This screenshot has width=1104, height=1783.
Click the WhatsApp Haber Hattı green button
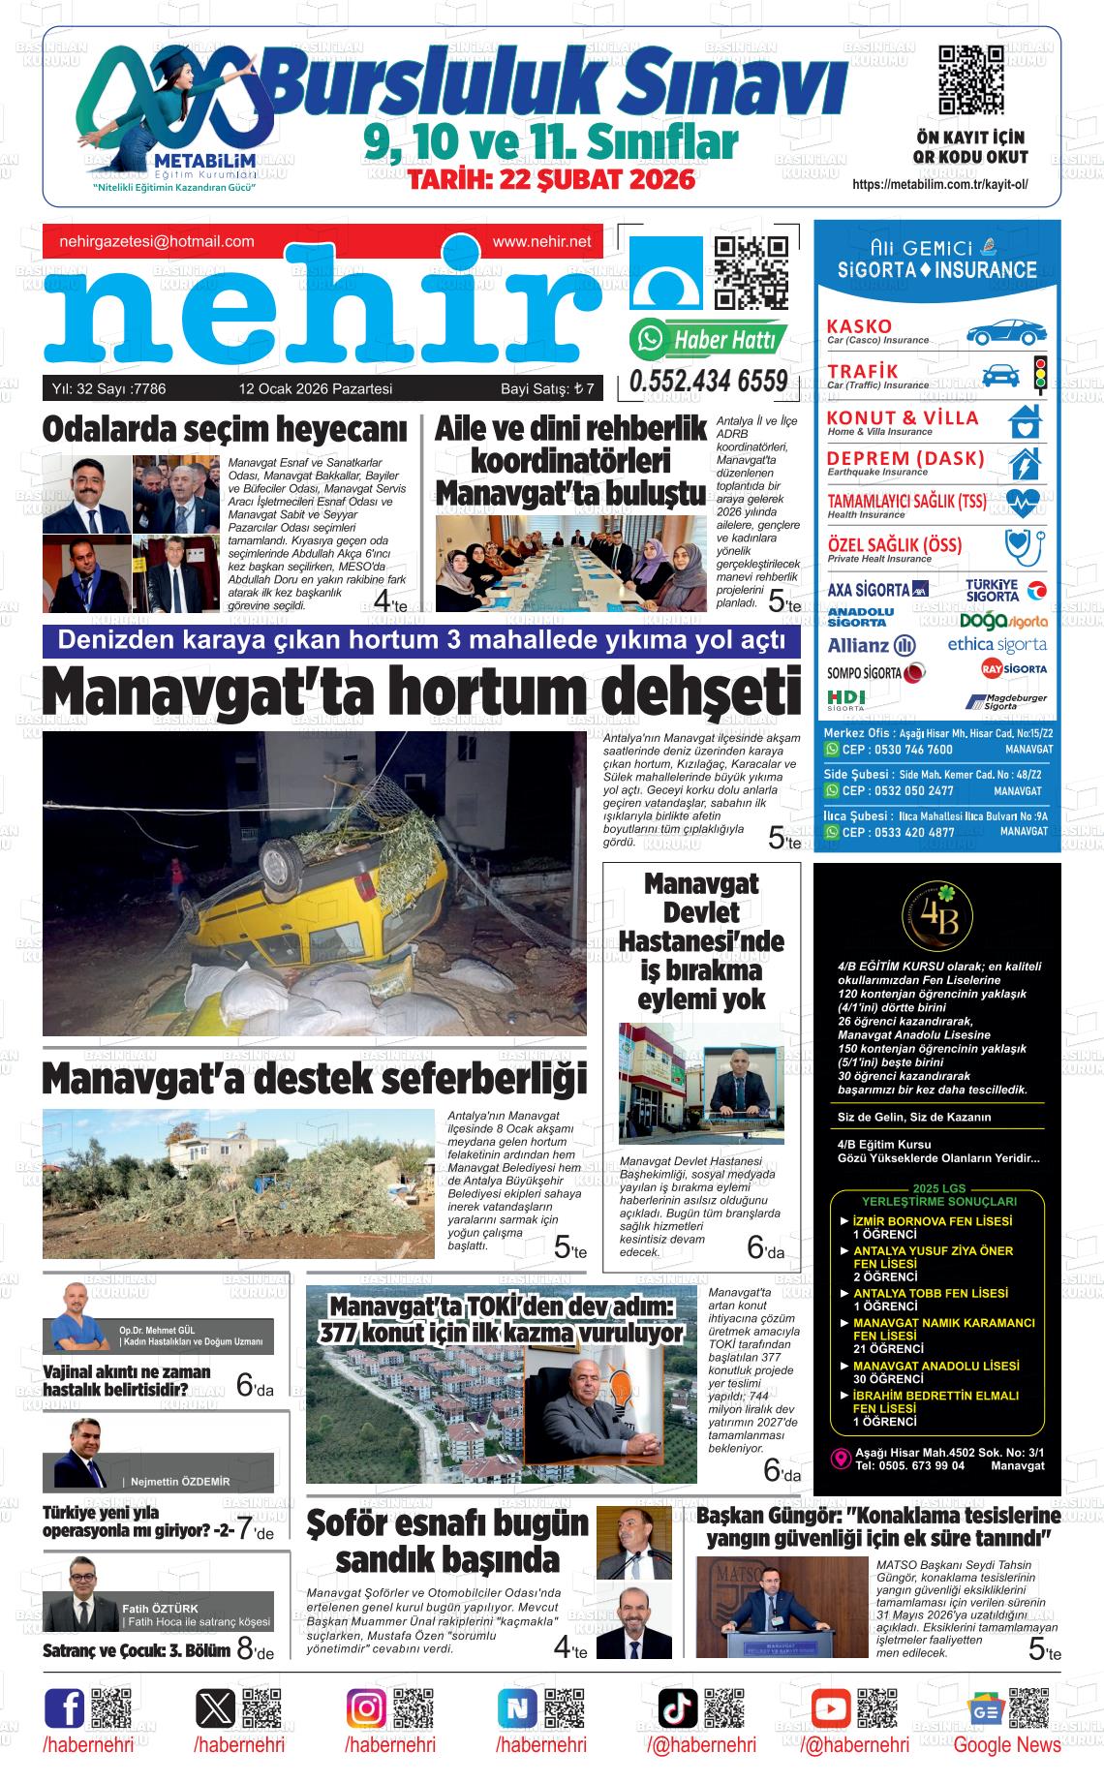pyautogui.click(x=708, y=339)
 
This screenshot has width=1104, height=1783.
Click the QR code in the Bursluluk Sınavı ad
pyautogui.click(x=970, y=80)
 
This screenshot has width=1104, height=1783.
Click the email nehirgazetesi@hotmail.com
pyautogui.click(x=157, y=242)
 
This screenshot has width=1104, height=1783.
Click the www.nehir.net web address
pyautogui.click(x=541, y=242)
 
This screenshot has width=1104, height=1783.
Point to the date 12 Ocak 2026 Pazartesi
pyautogui.click(x=315, y=389)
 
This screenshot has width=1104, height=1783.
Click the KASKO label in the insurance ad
pyautogui.click(x=859, y=325)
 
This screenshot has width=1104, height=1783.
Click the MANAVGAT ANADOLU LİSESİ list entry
pyautogui.click(x=935, y=1366)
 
